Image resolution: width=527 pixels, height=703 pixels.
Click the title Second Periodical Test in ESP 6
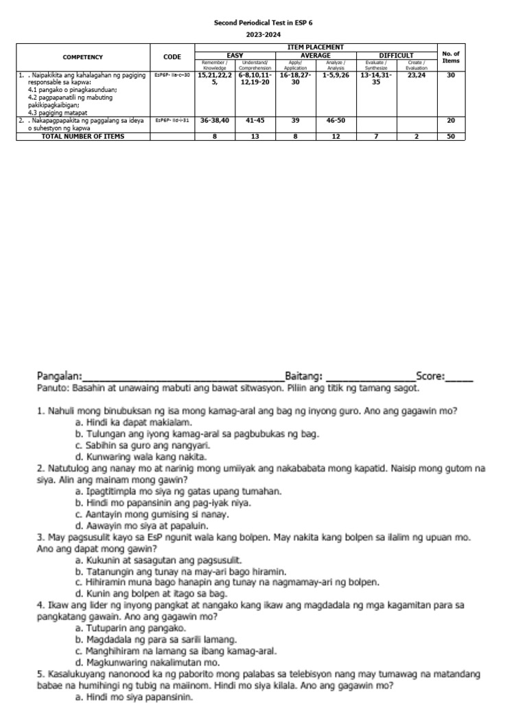pos(263,22)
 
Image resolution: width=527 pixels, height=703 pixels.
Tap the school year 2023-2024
pos(263,34)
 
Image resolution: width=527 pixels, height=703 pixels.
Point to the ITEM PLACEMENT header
pos(316,47)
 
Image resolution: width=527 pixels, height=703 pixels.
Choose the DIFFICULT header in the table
pos(396,55)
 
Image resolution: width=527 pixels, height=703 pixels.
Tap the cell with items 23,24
pos(416,76)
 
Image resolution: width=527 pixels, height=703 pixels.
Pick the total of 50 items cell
pos(451,137)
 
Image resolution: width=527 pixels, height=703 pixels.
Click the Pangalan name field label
pos(59,376)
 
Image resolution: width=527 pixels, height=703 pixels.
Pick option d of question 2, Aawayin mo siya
pos(130,526)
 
